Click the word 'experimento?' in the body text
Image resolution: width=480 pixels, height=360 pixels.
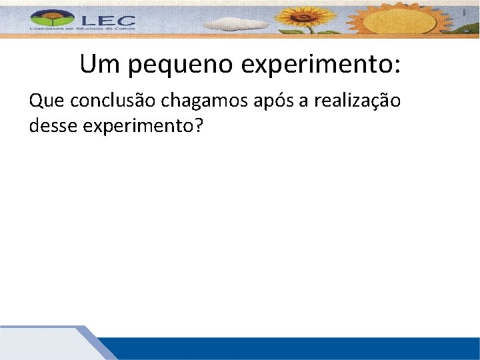click(141, 125)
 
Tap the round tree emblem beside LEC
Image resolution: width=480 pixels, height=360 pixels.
click(50, 19)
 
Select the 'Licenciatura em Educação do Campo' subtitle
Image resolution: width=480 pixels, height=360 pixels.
click(82, 29)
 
